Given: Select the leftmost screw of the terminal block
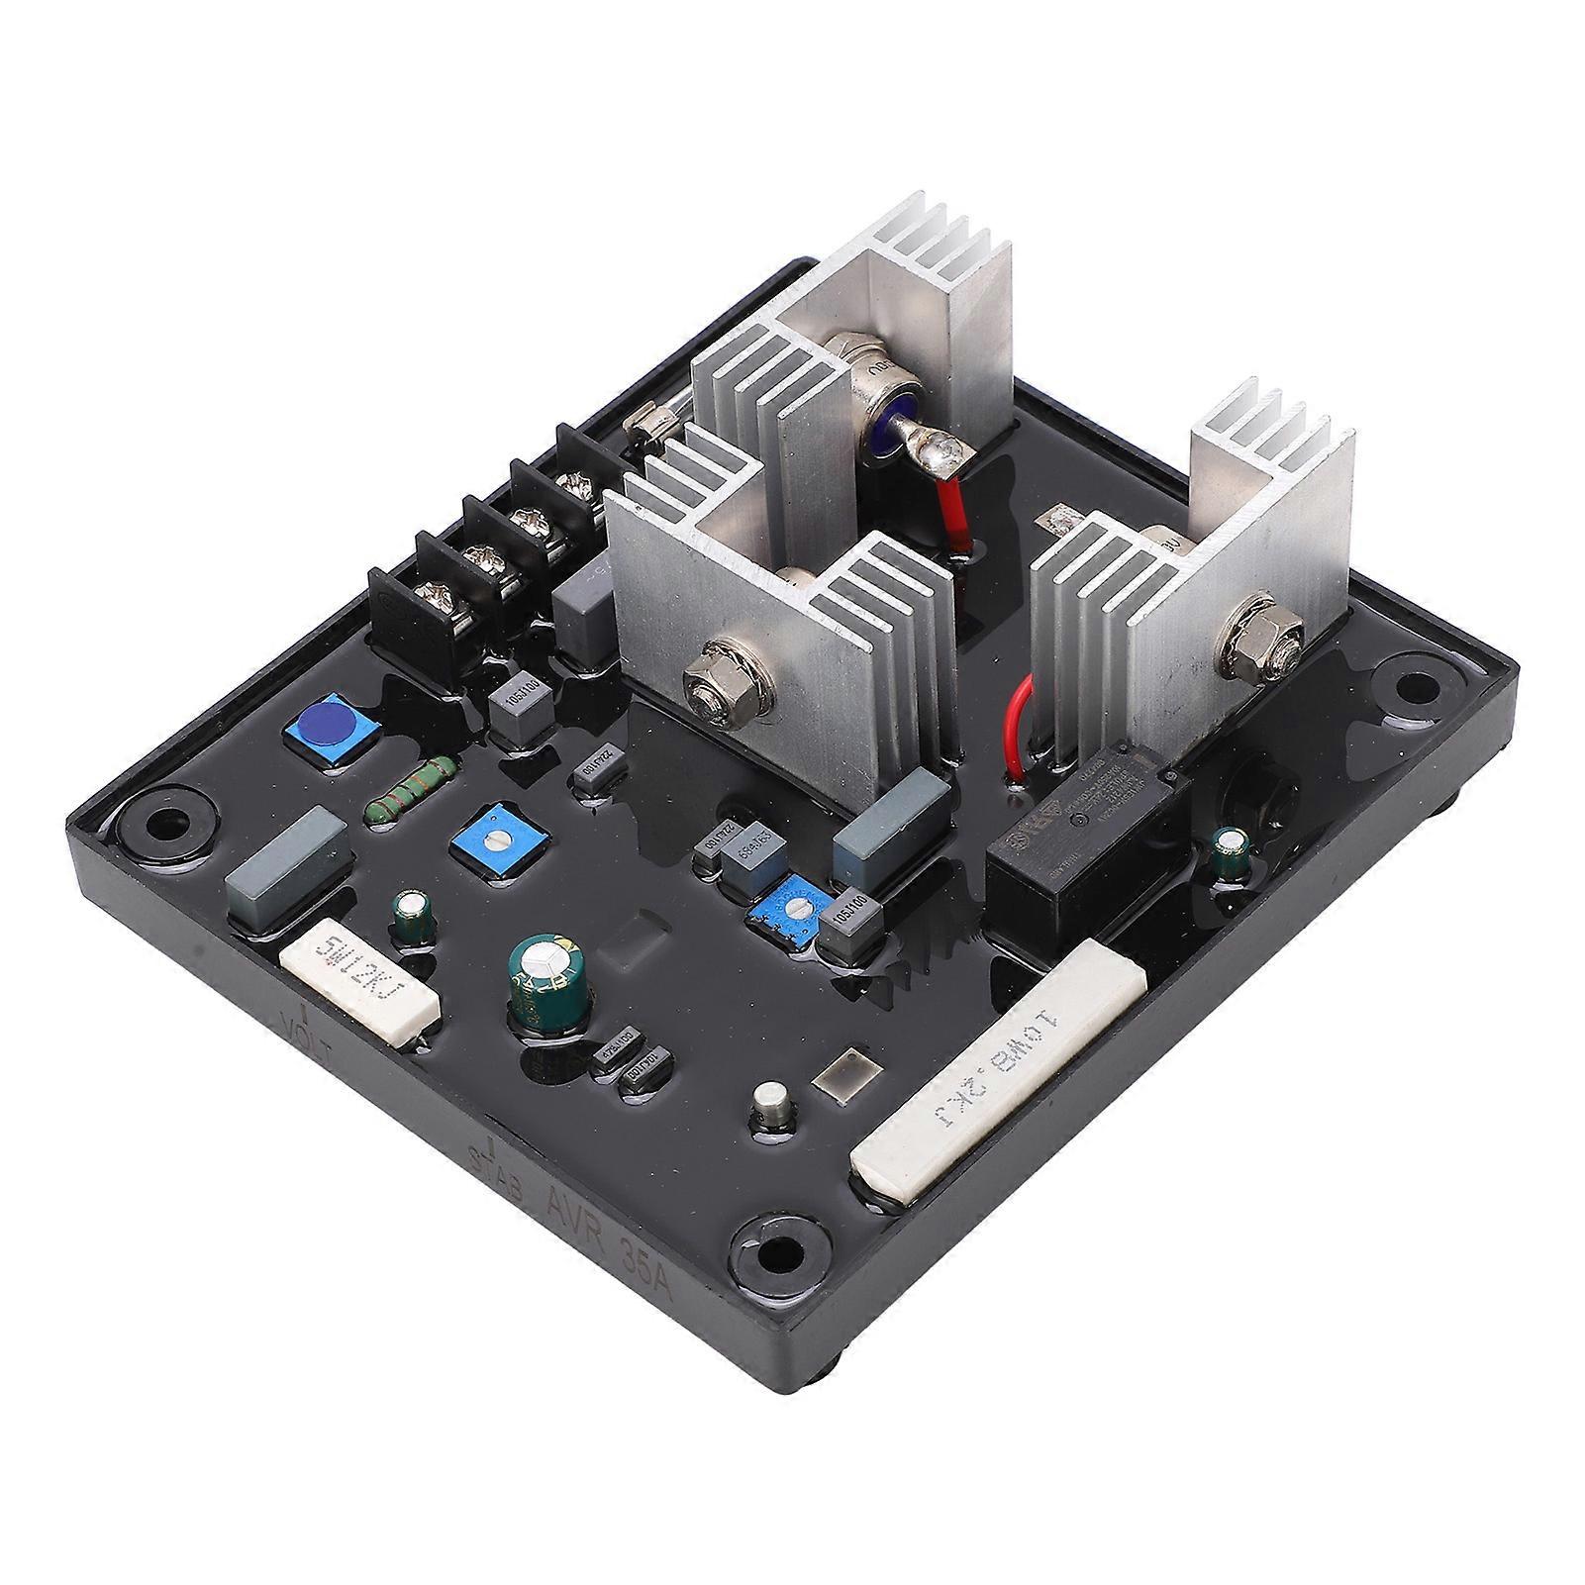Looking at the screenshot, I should tap(433, 597).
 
